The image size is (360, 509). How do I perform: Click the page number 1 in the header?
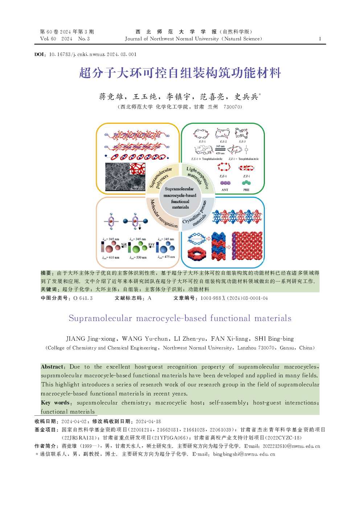(x=320, y=39)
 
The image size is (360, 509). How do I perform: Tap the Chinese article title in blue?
(x=180, y=73)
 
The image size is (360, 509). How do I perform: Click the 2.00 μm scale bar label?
(x=137, y=187)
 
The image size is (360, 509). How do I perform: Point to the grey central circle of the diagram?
(x=180, y=198)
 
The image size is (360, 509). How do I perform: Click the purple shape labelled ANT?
(x=225, y=183)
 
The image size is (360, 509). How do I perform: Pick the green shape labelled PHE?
(x=246, y=183)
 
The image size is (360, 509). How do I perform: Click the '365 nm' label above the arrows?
(x=220, y=146)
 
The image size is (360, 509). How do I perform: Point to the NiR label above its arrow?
(x=124, y=245)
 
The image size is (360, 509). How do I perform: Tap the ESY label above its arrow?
(x=151, y=245)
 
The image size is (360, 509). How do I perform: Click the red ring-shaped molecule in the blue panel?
(x=197, y=254)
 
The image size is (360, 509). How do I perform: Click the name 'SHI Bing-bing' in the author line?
(x=274, y=339)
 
